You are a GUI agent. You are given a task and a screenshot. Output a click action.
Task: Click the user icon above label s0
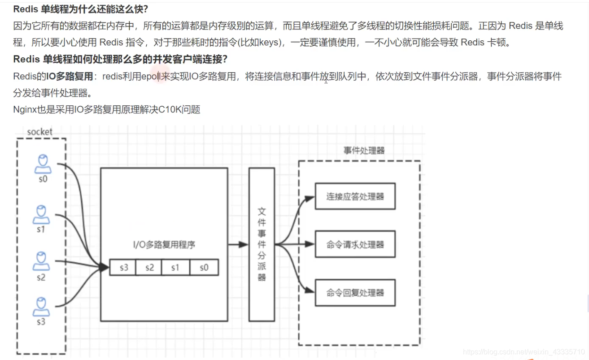(43, 164)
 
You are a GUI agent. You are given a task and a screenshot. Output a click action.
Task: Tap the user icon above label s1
(41, 215)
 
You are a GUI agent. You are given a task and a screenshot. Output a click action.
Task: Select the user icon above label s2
(41, 262)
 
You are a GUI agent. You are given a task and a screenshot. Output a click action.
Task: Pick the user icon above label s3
(41, 307)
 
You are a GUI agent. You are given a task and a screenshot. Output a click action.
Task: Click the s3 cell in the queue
(124, 267)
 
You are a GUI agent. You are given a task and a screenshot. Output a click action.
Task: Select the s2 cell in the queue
(149, 267)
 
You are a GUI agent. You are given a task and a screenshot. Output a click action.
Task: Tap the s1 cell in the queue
(175, 267)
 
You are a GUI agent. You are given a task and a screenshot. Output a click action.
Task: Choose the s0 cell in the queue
(204, 267)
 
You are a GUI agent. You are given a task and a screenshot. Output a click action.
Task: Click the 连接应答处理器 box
(355, 196)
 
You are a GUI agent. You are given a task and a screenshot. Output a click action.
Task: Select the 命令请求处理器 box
(355, 245)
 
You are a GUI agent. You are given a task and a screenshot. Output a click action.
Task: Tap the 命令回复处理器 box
(355, 293)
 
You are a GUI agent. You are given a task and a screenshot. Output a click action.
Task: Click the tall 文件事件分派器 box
(262, 244)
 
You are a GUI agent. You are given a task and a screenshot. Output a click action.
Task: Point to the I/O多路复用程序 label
(164, 245)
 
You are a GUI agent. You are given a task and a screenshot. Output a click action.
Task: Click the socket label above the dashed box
(39, 132)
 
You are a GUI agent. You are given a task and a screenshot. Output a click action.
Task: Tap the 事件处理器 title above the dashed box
(364, 151)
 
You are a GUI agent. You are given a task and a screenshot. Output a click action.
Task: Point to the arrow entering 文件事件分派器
(238, 245)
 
